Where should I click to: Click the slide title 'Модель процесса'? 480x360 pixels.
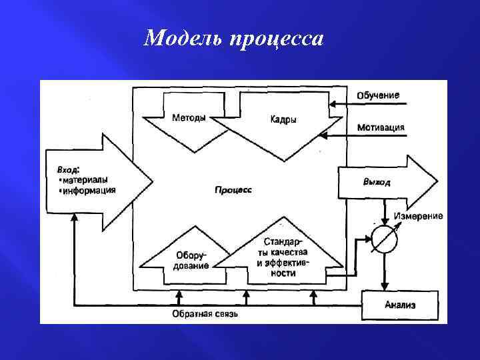pyautogui.click(x=233, y=39)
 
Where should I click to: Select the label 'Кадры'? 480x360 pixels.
pyautogui.click(x=283, y=120)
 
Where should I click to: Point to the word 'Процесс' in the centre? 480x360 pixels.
pyautogui.click(x=233, y=190)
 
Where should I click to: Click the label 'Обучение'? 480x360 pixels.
pyautogui.click(x=378, y=95)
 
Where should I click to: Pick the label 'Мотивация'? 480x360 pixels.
pyautogui.click(x=380, y=127)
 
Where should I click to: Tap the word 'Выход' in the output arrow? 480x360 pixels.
pyautogui.click(x=377, y=182)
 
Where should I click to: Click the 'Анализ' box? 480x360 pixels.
pyautogui.click(x=399, y=305)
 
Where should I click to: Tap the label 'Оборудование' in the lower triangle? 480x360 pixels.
pyautogui.click(x=191, y=260)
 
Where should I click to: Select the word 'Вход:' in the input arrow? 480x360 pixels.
pyautogui.click(x=69, y=169)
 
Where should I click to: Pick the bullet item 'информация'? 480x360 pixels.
pyautogui.click(x=87, y=189)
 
